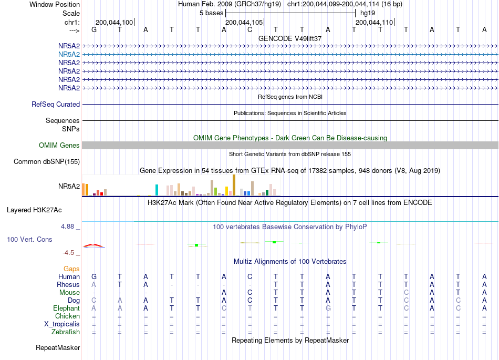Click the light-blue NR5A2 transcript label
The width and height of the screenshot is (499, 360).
(x=69, y=55)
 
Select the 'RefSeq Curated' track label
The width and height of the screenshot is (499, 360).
(x=56, y=105)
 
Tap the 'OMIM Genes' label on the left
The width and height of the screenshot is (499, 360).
(x=59, y=146)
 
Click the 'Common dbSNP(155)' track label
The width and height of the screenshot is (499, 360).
(x=47, y=162)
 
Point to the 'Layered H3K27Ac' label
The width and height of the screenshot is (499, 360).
(x=34, y=210)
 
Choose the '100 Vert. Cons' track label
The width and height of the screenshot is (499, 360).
(x=29, y=239)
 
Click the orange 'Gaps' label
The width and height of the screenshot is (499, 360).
(x=71, y=269)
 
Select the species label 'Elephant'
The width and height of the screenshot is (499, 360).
(x=67, y=308)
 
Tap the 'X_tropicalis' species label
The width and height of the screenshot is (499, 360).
(x=62, y=324)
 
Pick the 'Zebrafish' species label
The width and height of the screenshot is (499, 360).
(x=66, y=332)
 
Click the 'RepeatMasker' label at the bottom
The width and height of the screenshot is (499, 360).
(x=58, y=348)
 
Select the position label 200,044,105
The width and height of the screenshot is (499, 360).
(x=244, y=22)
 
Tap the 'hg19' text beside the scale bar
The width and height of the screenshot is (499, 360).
(x=368, y=13)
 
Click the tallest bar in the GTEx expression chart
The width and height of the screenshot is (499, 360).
(x=234, y=185)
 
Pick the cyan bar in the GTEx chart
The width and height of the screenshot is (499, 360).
(x=157, y=190)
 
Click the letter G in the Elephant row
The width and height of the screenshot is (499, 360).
(x=328, y=308)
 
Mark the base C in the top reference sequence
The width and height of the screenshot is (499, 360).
(x=250, y=30)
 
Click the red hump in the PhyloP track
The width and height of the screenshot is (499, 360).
(x=93, y=244)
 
